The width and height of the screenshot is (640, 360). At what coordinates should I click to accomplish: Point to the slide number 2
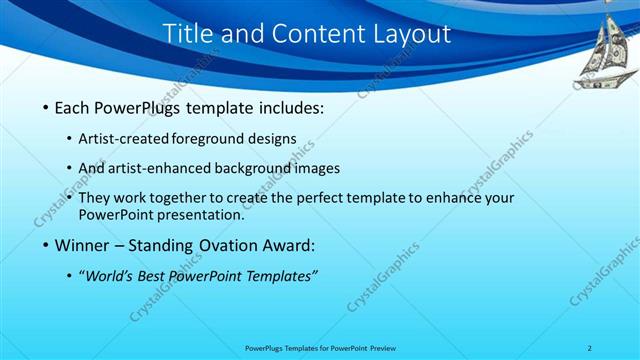click(x=590, y=348)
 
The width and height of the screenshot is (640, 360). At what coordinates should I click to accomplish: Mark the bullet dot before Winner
click(x=46, y=245)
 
